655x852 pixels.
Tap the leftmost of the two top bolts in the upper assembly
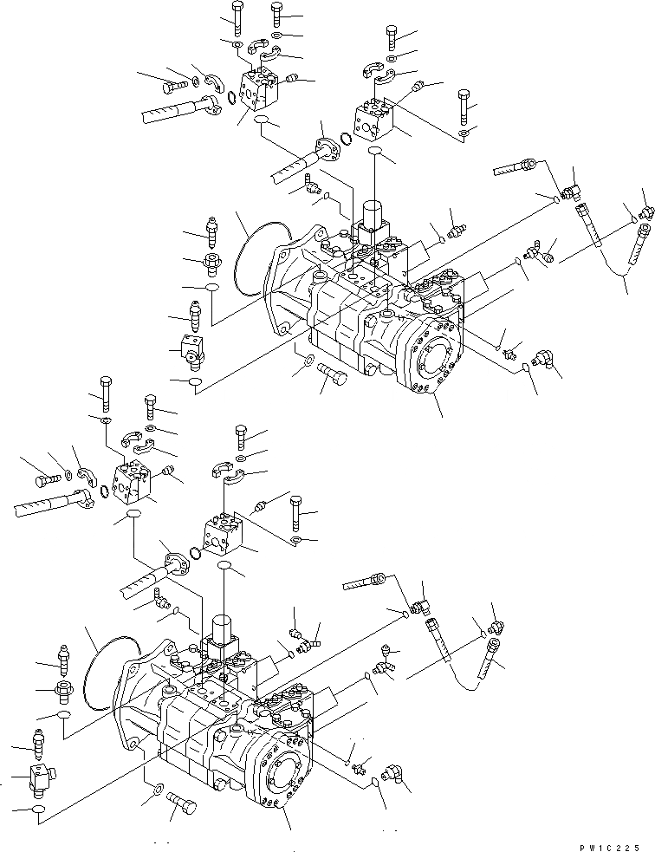tap(237, 15)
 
